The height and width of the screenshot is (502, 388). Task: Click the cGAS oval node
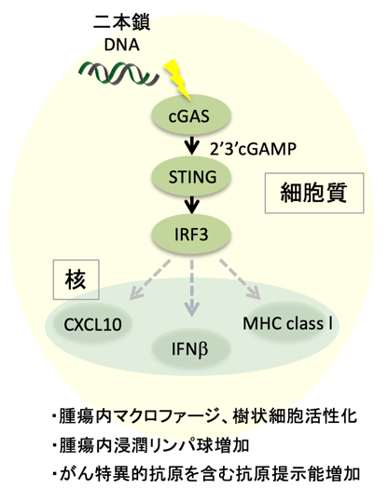coord(191,115)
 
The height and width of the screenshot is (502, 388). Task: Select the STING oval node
coord(191,176)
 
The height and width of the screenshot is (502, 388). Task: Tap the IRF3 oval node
coord(191,234)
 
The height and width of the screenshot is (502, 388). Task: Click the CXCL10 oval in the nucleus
coord(92,324)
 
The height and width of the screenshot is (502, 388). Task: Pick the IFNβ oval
coord(191,349)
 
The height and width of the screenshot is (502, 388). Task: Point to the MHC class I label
coord(287,323)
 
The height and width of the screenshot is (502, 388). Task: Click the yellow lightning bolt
coord(178,80)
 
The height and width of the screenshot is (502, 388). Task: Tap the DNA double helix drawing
coord(119,74)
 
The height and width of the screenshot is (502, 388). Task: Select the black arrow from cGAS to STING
coord(192,145)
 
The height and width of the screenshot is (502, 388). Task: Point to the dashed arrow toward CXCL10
coord(149,279)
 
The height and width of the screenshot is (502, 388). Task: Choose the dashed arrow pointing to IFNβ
coord(192,288)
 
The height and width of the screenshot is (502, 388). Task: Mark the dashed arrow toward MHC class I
coord(240,279)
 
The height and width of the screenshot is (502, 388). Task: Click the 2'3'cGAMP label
coord(253,149)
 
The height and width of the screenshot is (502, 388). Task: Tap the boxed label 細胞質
coord(314,193)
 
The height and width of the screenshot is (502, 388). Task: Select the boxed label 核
coord(76,279)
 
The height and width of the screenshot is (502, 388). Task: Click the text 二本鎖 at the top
coord(122,22)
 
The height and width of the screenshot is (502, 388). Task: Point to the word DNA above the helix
coord(122,45)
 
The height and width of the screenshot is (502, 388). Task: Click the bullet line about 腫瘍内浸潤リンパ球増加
coord(151,445)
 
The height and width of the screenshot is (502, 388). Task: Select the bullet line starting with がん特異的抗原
coord(206,474)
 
